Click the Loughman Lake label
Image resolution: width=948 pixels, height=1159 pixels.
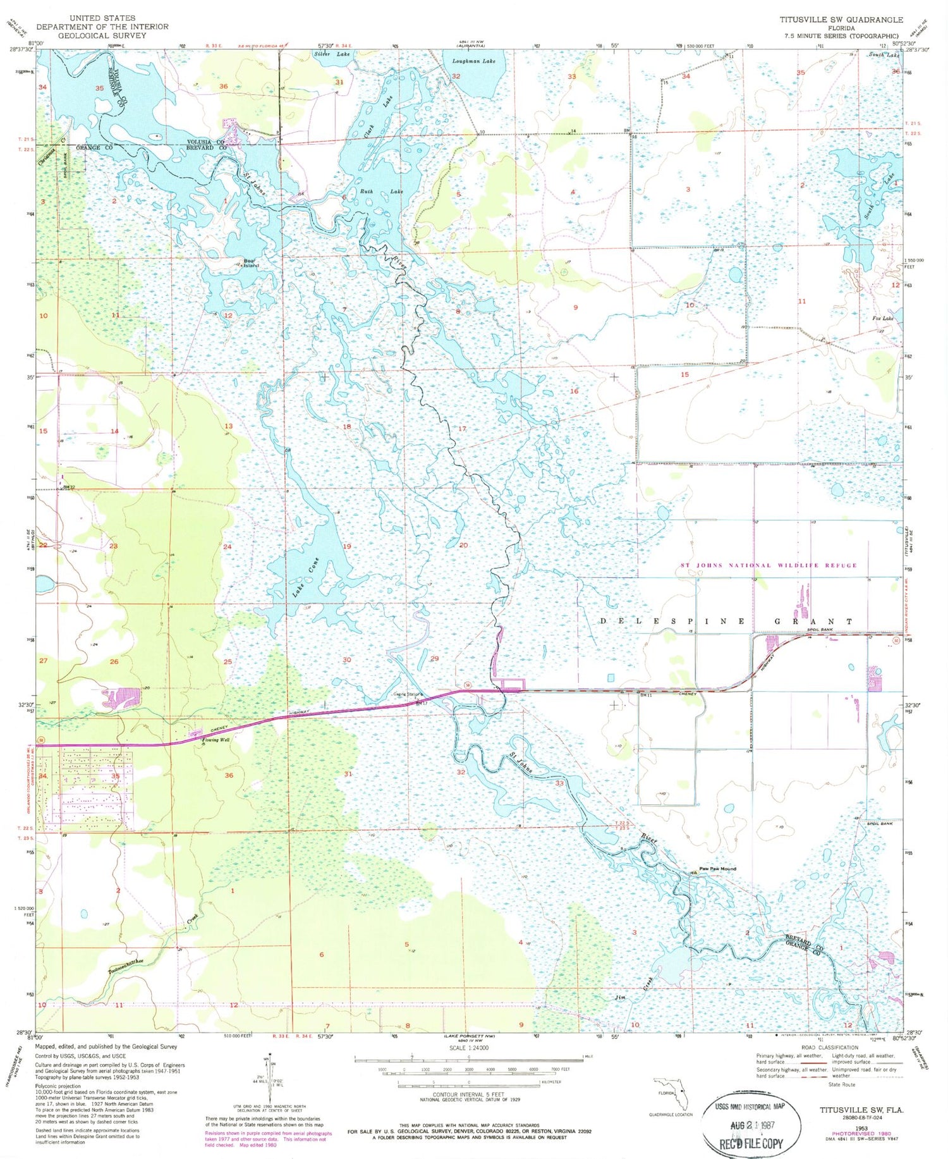coord(474,61)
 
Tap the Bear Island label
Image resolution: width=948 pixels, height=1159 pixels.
coord(252,263)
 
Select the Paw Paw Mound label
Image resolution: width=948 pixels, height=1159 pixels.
coord(717,868)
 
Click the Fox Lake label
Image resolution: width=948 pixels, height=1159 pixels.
coord(883,319)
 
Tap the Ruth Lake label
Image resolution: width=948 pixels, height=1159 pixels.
coord(381,192)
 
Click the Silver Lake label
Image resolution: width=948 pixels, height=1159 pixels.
coord(332,55)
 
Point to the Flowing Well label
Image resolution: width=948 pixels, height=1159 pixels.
coord(215,739)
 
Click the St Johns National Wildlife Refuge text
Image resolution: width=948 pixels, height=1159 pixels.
coord(769,565)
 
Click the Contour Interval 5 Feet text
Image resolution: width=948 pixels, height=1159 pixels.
coord(468,1095)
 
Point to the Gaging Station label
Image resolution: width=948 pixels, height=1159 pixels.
coord(405,694)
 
